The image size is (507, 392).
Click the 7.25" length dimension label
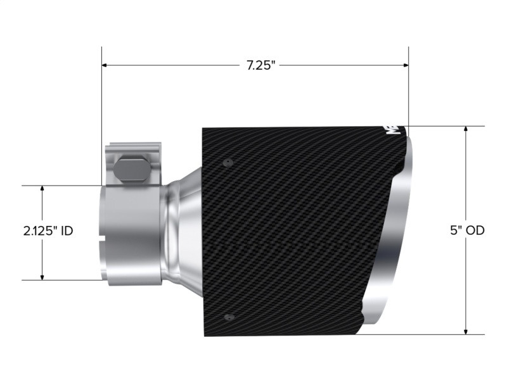[261, 65]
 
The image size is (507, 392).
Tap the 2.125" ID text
[48, 231]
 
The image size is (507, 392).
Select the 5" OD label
[468, 231]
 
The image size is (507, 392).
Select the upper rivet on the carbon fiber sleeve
[227, 163]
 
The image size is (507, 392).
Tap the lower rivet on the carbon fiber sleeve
[229, 317]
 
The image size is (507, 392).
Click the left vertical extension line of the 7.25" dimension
[102, 114]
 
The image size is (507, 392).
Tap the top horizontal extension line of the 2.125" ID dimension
[63, 185]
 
